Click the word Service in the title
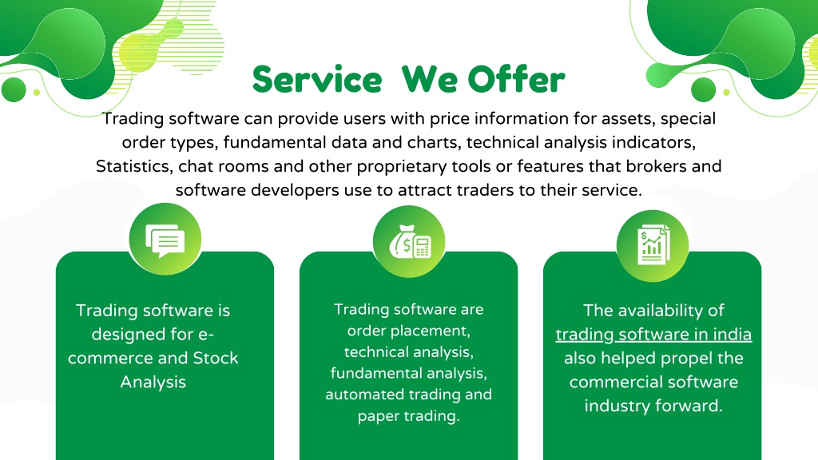(x=317, y=79)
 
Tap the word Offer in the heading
(x=517, y=79)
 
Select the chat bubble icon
(x=165, y=240)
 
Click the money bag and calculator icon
(x=410, y=242)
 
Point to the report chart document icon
(x=653, y=244)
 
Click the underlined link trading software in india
(x=653, y=335)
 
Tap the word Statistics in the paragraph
(x=134, y=166)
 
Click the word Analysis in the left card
(x=153, y=383)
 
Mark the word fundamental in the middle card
(x=369, y=373)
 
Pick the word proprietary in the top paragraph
(x=401, y=167)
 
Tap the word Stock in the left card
(x=216, y=358)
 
